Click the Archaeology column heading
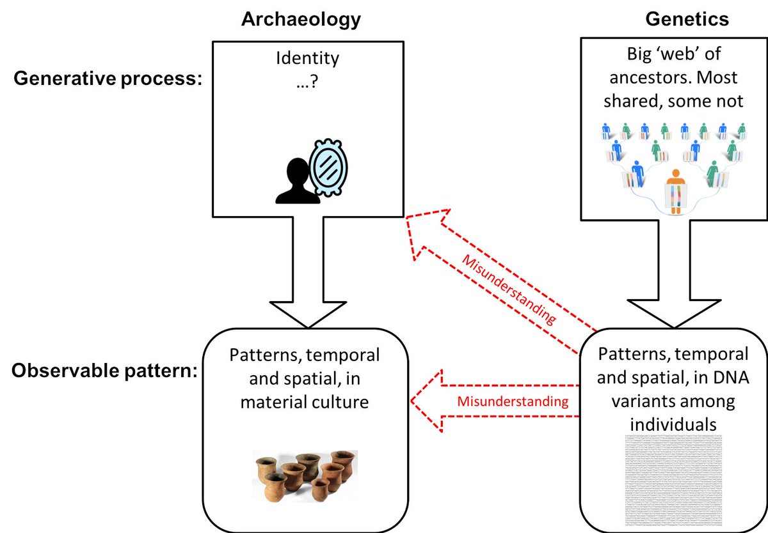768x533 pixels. (301, 20)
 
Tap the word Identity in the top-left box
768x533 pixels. (307, 59)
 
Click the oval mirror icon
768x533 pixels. (328, 166)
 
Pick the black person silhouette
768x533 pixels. (297, 182)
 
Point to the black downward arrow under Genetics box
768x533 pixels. (668, 275)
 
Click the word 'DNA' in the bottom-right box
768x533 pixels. (727, 376)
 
